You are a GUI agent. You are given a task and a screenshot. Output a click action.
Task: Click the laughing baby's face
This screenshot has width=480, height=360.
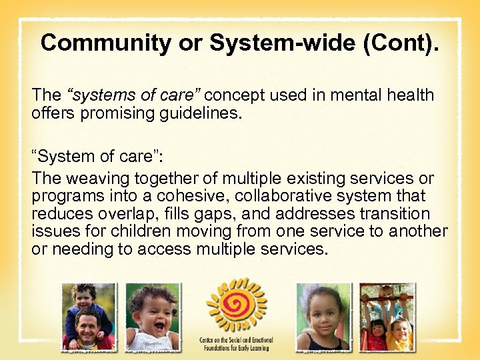(x=153, y=313)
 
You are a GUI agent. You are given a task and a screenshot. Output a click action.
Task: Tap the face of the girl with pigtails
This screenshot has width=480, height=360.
(x=323, y=314)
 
